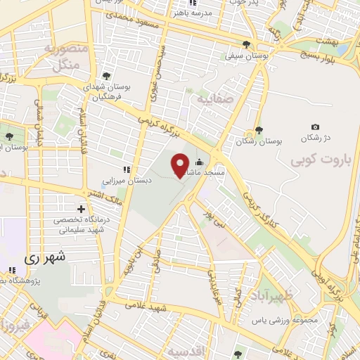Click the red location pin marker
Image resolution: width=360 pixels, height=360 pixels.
(180, 165)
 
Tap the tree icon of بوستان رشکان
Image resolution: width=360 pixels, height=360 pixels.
(259, 130)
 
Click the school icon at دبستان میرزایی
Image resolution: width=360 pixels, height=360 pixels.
(127, 169)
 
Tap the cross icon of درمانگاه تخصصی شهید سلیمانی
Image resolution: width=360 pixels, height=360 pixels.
(82, 209)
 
